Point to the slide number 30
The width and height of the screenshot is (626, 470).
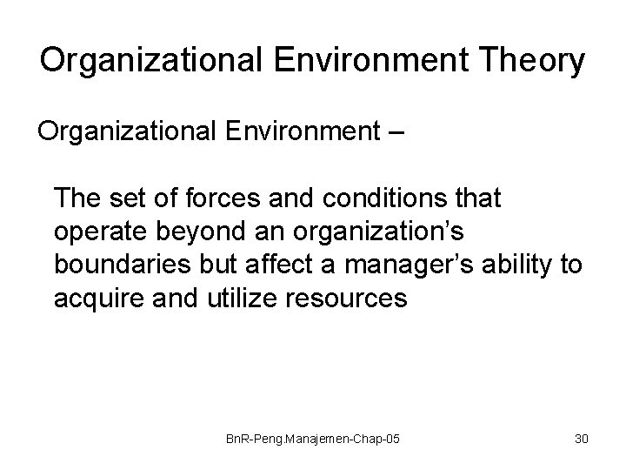click(x=581, y=440)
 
